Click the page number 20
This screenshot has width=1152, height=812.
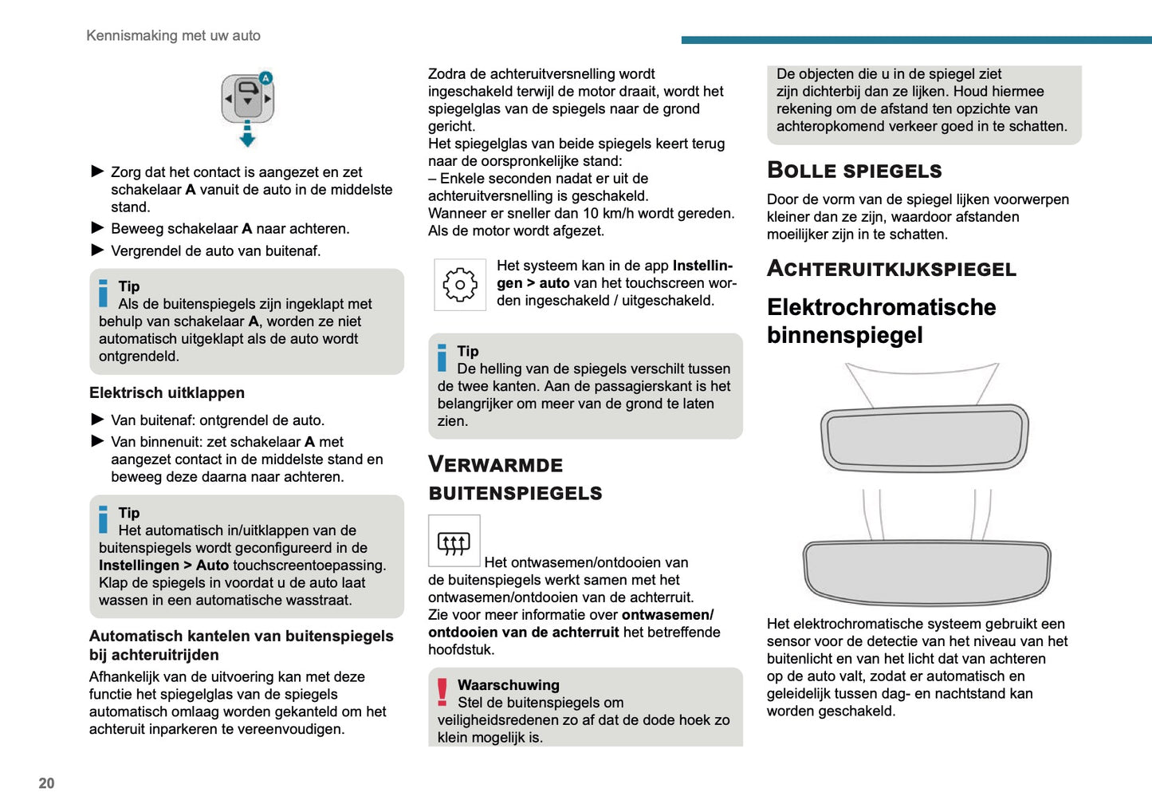(46, 783)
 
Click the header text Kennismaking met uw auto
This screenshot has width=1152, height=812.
(173, 36)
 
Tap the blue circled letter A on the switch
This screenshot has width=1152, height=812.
(265, 77)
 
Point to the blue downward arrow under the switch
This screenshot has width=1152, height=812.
(247, 136)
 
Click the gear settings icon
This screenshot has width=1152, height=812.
(459, 285)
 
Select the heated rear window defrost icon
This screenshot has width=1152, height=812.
(454, 542)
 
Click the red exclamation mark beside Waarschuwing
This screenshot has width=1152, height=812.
(442, 692)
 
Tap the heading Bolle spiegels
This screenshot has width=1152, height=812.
(854, 171)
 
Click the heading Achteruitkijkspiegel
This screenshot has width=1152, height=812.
(891, 269)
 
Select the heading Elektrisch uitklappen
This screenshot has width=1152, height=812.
(167, 392)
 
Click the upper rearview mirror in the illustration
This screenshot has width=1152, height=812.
(924, 439)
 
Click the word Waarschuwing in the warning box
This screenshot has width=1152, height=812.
(508, 685)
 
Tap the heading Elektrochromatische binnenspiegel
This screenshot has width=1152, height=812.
(881, 321)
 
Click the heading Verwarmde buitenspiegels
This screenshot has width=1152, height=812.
(514, 479)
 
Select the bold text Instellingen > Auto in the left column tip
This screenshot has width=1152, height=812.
(163, 566)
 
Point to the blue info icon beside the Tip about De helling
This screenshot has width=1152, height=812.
(442, 357)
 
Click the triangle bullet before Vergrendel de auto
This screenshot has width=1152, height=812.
(98, 250)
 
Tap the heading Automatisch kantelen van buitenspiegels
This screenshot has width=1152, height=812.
(241, 645)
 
